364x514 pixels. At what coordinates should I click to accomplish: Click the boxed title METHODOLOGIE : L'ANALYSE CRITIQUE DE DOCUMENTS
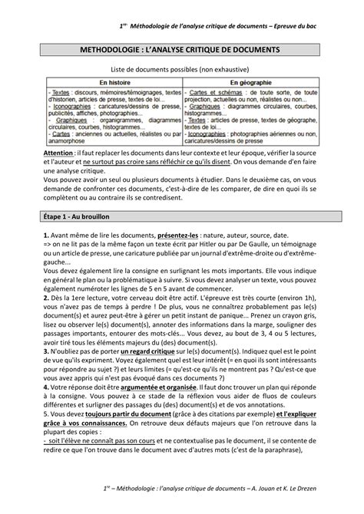click(182, 49)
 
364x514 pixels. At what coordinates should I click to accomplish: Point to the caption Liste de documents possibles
click(182, 68)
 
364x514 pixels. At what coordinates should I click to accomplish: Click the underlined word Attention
click(59, 153)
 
